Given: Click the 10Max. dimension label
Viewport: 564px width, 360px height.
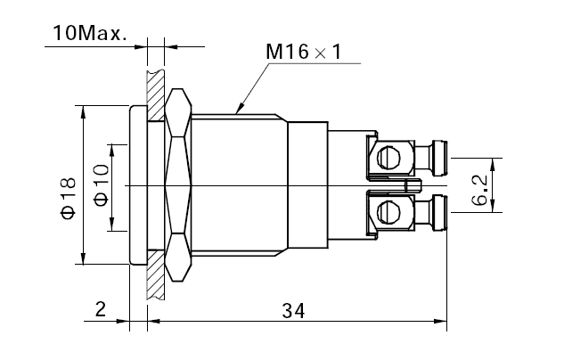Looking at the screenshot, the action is (90, 33).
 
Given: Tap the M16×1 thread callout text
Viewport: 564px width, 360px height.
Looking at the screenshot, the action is (303, 52).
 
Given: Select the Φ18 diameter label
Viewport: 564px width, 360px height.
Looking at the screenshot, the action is (69, 198).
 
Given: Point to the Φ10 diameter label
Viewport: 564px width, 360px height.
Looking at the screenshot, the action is (102, 185).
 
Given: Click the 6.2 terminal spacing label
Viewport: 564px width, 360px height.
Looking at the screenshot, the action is (480, 191).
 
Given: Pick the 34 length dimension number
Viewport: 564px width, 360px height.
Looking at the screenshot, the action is (293, 311).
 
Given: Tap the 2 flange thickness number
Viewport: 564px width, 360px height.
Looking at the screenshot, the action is (101, 309).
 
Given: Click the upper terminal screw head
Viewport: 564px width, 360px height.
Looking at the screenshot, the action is (388, 157).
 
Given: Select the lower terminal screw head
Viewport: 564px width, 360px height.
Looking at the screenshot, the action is (388, 212).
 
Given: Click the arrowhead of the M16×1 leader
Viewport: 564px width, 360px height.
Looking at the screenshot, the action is (240, 108).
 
